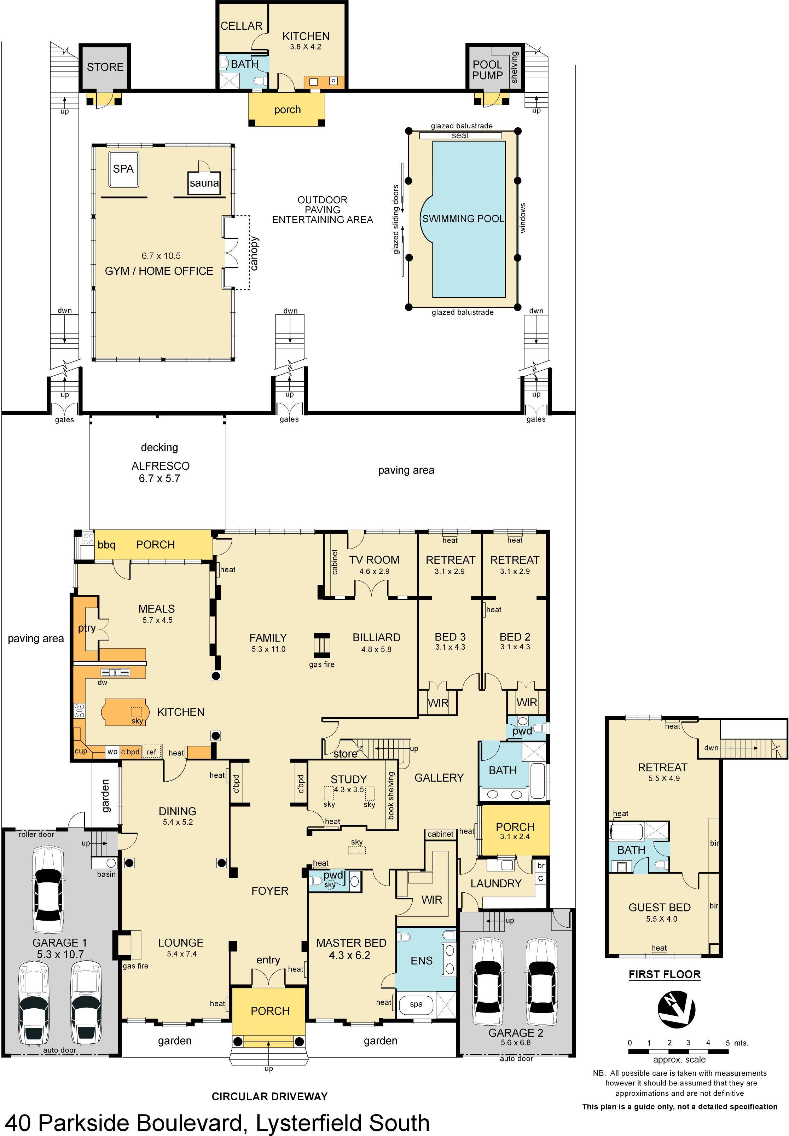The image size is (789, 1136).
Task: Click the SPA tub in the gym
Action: [x=123, y=169]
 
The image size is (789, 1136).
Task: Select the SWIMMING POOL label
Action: [x=463, y=219]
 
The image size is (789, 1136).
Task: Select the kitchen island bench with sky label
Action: [x=124, y=712]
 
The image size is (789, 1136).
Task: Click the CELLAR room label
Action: [x=241, y=26]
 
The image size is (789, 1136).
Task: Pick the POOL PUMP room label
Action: [x=487, y=70]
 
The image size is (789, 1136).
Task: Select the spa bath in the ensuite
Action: [x=416, y=1004]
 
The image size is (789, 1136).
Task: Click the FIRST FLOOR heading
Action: [x=665, y=974]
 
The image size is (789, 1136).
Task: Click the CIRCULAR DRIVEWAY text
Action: [x=269, y=1096]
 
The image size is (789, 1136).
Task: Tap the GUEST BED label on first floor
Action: [x=660, y=907]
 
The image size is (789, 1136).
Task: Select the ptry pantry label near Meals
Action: [x=87, y=628]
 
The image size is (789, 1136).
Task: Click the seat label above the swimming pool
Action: [x=460, y=135]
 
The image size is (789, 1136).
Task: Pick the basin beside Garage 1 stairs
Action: [x=111, y=863]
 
